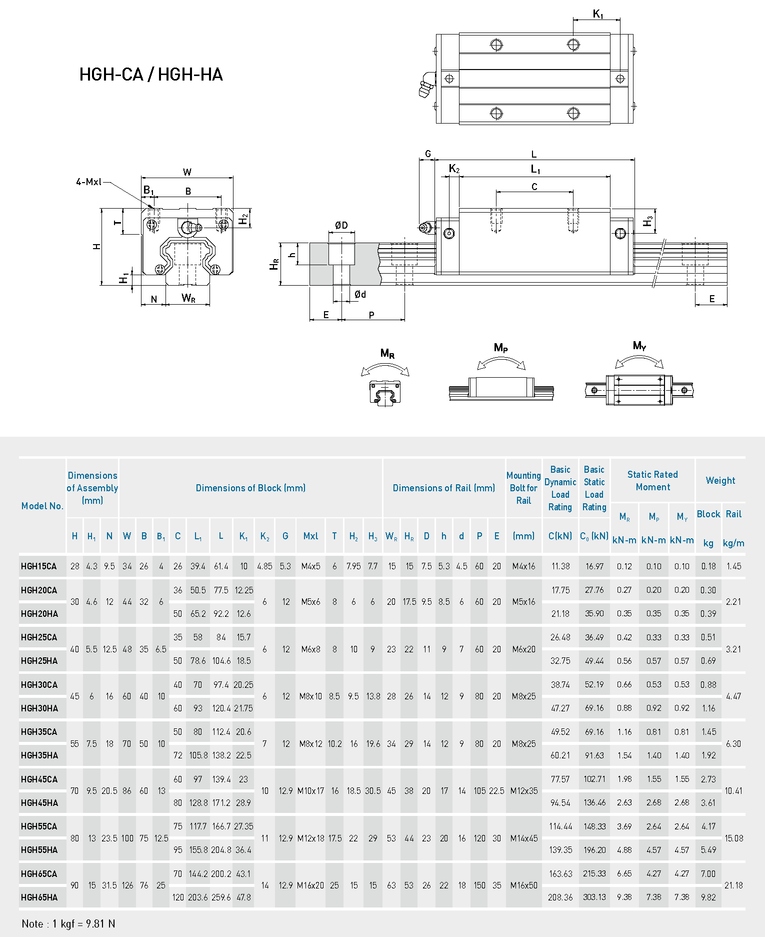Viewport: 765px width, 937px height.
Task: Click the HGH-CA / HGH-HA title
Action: pos(151,75)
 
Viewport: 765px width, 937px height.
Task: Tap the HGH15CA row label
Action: pos(39,566)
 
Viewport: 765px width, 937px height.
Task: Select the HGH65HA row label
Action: pos(39,897)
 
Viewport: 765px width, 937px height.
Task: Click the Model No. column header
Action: pos(42,506)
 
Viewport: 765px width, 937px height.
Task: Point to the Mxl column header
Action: pos(310,536)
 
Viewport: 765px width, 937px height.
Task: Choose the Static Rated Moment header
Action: pos(652,480)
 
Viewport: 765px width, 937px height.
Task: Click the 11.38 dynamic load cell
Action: pos(560,566)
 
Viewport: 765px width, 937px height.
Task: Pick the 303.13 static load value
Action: pos(594,897)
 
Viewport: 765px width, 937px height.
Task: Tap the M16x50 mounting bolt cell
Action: pos(524,885)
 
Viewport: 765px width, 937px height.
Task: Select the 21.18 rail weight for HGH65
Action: pos(733,885)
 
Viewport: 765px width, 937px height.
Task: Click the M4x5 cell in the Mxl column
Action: pos(310,566)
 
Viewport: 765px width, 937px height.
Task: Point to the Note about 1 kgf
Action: pos(68,923)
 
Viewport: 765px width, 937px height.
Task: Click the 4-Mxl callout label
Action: pos(88,182)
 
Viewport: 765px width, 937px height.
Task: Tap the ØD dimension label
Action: pos(341,226)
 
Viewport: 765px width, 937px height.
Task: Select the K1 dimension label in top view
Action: pos(598,14)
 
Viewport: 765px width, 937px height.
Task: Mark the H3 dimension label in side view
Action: pos(648,221)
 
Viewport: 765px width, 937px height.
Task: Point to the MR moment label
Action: pos(387,354)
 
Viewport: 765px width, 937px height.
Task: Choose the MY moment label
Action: pos(639,346)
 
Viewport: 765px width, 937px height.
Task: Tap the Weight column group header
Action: pos(720,480)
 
